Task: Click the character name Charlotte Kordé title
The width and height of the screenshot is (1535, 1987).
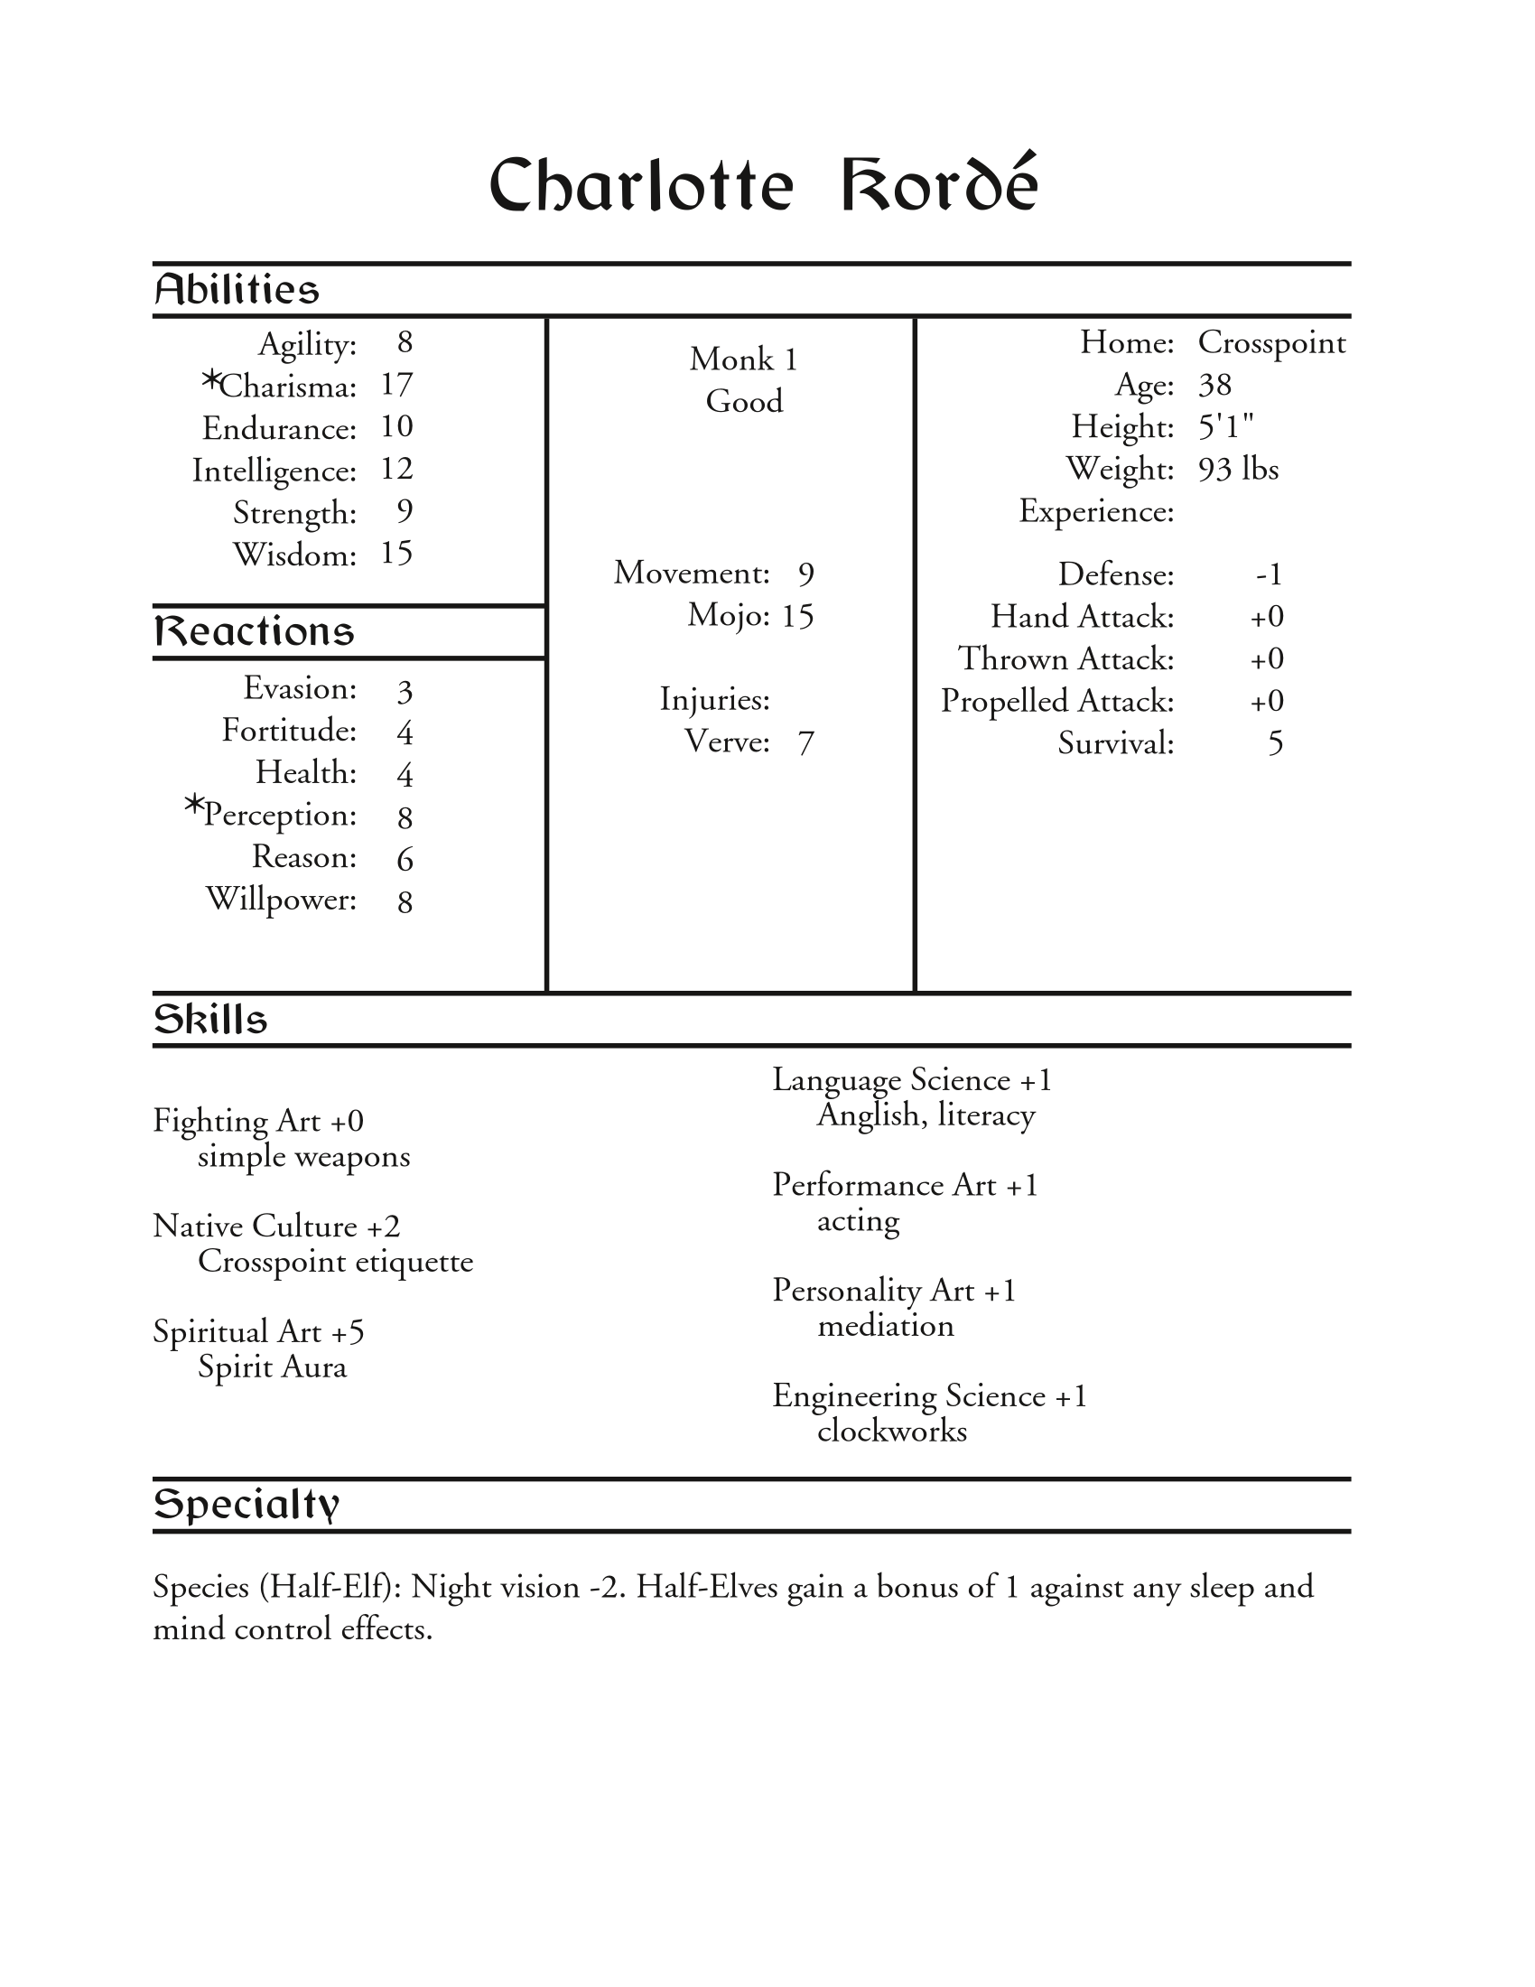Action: pyautogui.click(x=763, y=184)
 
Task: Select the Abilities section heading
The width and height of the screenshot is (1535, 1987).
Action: pyautogui.click(x=237, y=290)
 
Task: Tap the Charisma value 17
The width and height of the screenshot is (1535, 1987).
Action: pyautogui.click(x=396, y=385)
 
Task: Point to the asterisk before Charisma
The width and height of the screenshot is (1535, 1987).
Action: pyautogui.click(x=210, y=381)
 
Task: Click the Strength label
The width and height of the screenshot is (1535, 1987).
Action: pyautogui.click(x=294, y=513)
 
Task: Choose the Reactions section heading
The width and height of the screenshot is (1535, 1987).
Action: pyautogui.click(x=254, y=631)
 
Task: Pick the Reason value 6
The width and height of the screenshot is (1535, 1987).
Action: pyautogui.click(x=405, y=859)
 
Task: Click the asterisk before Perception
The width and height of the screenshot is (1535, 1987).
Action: pyautogui.click(x=194, y=805)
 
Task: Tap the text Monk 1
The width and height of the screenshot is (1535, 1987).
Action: pyautogui.click(x=743, y=359)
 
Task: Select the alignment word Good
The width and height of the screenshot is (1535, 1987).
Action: pyautogui.click(x=744, y=401)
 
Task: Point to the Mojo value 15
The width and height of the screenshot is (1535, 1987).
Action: pyautogui.click(x=796, y=617)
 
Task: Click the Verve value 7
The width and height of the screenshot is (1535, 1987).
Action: pyautogui.click(x=805, y=743)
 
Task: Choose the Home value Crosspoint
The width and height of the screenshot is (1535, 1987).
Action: pyautogui.click(x=1271, y=343)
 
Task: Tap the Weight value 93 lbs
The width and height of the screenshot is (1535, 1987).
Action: pyautogui.click(x=1238, y=470)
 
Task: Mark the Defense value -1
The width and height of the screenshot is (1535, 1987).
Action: pyautogui.click(x=1269, y=575)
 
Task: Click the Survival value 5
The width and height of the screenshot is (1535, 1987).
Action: pyautogui.click(x=1275, y=744)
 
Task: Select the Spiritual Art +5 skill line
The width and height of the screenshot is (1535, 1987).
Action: pyautogui.click(x=258, y=1332)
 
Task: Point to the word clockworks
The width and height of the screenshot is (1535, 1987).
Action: pyautogui.click(x=891, y=1432)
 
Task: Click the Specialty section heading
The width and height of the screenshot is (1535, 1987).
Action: pyautogui.click(x=247, y=1504)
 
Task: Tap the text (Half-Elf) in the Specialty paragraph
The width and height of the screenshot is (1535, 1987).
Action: pyautogui.click(x=330, y=1587)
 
